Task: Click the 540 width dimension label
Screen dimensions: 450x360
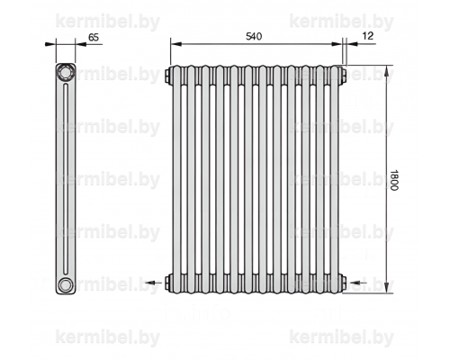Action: point(254,36)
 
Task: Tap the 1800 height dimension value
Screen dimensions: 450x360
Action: point(394,180)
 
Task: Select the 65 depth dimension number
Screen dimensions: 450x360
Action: point(94,37)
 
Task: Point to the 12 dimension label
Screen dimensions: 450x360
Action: point(368,36)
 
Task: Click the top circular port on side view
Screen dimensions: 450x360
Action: point(66,72)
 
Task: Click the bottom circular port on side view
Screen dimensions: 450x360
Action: point(65,284)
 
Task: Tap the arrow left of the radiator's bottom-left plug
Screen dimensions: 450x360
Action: point(155,283)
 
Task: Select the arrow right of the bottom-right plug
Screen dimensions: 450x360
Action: point(358,283)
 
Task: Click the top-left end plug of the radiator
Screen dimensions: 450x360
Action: point(167,75)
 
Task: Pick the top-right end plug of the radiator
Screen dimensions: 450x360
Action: point(344,75)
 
